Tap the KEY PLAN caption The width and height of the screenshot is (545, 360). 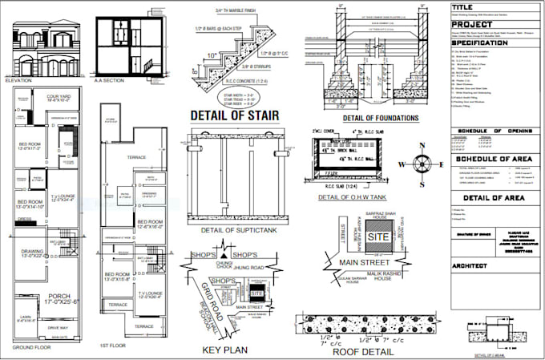tap(225, 350)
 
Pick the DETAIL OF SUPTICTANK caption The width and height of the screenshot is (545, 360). tap(233, 230)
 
